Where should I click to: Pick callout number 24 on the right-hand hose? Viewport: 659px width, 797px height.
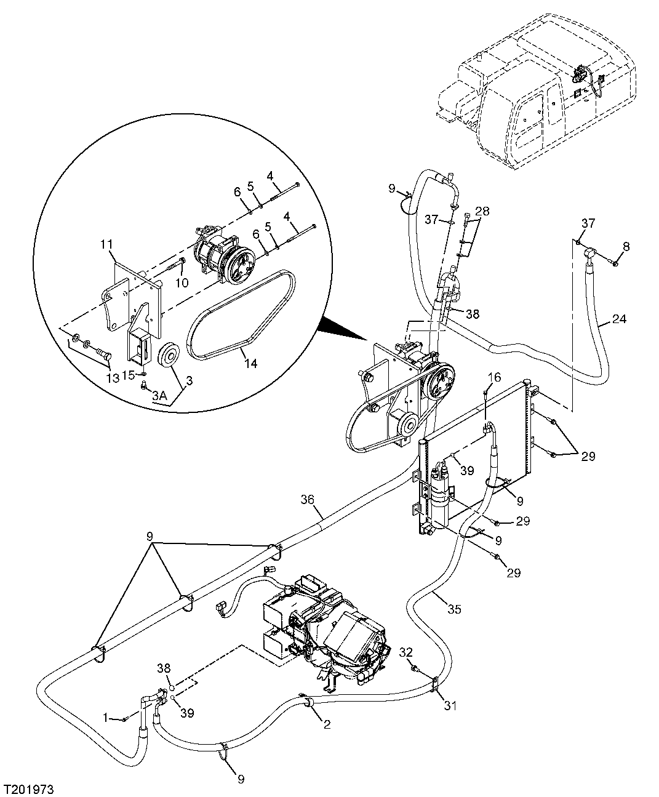[620, 319]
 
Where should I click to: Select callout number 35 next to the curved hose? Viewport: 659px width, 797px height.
[453, 609]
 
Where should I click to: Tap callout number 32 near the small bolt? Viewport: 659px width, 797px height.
[405, 651]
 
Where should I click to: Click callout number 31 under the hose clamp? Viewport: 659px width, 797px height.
[450, 705]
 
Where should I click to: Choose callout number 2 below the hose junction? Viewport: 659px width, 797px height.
[327, 724]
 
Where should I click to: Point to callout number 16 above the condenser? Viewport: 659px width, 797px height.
[495, 377]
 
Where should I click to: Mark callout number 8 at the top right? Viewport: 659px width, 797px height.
[626, 247]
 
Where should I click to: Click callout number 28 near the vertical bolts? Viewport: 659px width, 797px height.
[482, 212]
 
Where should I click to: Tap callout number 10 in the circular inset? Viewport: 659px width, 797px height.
[182, 282]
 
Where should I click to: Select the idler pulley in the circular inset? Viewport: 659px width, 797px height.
[167, 357]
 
